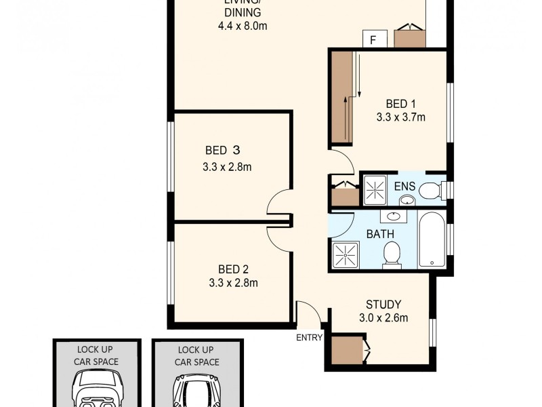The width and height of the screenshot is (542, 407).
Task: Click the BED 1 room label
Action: pyautogui.click(x=400, y=104)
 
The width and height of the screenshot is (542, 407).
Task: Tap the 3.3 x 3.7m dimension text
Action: pyautogui.click(x=400, y=117)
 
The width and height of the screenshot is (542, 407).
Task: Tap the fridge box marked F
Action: pyautogui.click(x=373, y=39)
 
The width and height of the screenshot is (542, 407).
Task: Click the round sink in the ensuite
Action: pyautogui.click(x=406, y=199)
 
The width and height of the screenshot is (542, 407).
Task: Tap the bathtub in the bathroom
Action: pyautogui.click(x=432, y=241)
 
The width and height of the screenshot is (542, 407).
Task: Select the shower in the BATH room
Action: pyautogui.click(x=346, y=254)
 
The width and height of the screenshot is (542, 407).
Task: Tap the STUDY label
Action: pyautogui.click(x=383, y=304)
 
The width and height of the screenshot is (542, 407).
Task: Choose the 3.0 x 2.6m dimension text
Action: pyautogui.click(x=383, y=317)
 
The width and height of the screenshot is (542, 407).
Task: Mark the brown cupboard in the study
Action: pyautogui.click(x=347, y=351)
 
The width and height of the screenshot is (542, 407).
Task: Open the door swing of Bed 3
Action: pyautogui.click(x=278, y=203)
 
